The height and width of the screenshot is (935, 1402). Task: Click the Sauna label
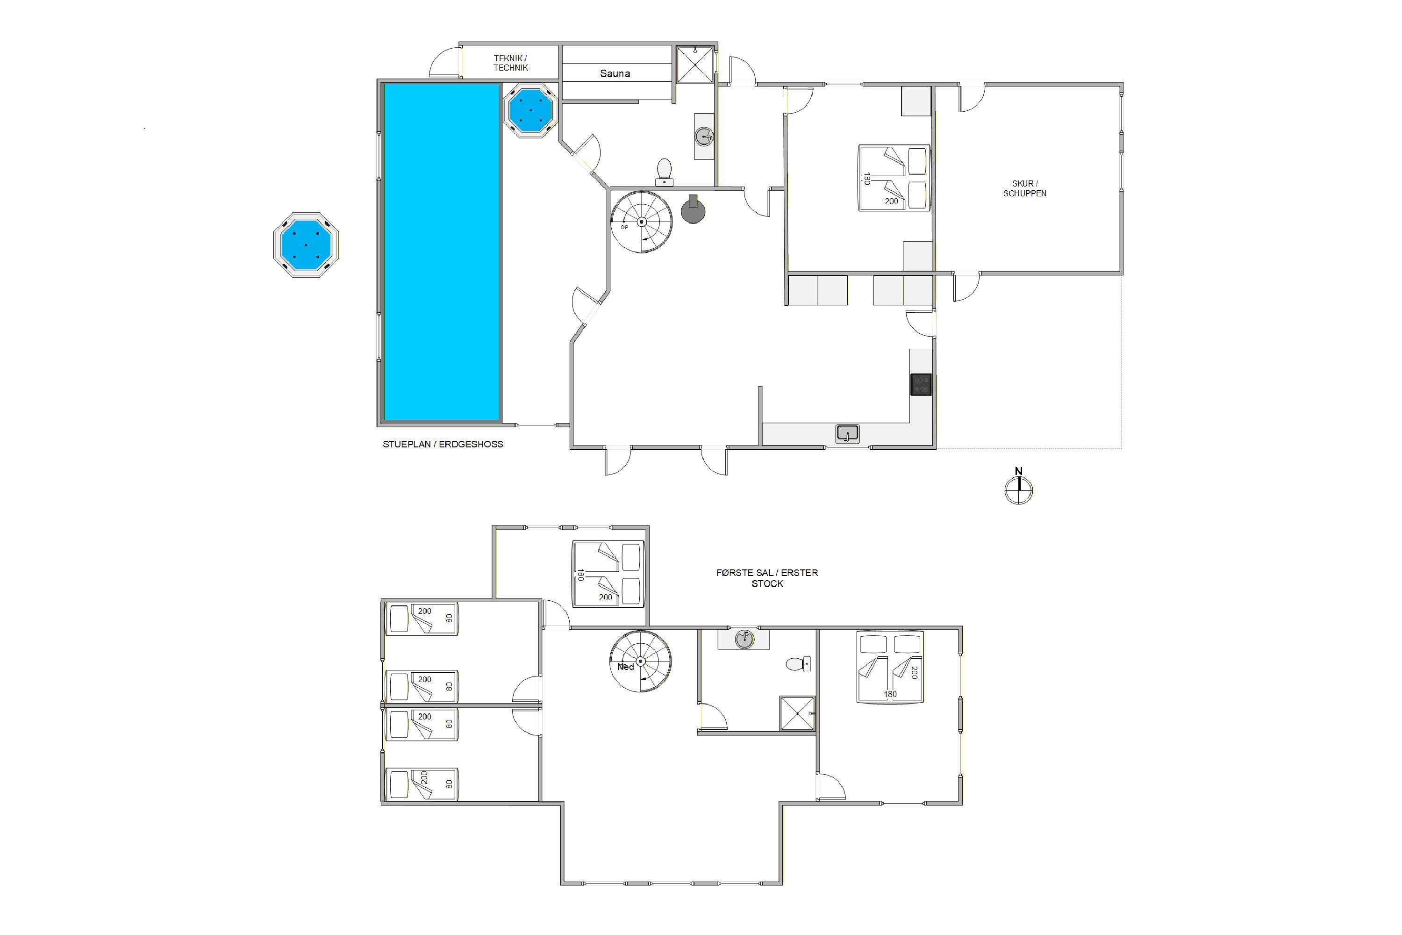[x=615, y=73]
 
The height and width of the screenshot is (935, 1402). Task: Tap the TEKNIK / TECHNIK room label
[x=510, y=63]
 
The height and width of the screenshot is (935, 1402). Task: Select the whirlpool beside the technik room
[x=530, y=110]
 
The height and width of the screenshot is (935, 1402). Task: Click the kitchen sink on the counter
[x=847, y=433]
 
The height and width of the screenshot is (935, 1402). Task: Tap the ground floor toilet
[x=664, y=172]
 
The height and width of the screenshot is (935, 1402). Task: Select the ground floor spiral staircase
[x=641, y=222]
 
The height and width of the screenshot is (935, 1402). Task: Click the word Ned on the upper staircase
[x=625, y=667]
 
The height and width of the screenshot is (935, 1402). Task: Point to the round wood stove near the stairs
[x=693, y=210]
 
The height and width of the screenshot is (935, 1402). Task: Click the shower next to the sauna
[x=695, y=65]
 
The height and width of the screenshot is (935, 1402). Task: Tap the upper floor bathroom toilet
[x=798, y=664]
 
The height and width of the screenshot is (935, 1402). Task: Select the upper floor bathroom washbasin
[x=744, y=639]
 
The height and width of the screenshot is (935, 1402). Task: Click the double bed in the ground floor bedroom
[x=894, y=177]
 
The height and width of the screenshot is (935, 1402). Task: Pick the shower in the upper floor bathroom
[x=798, y=713]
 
